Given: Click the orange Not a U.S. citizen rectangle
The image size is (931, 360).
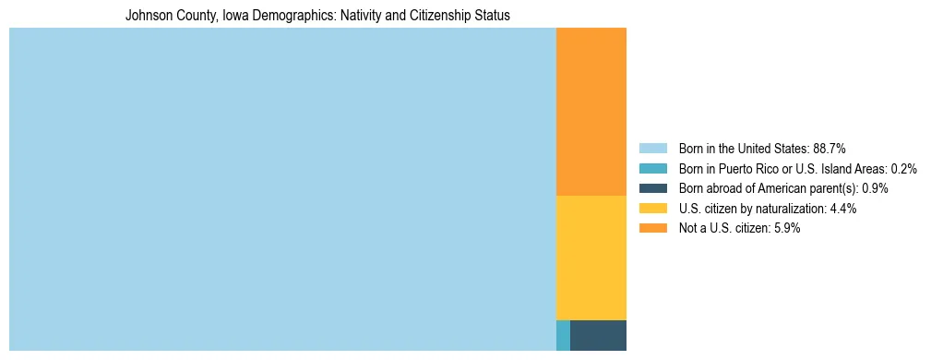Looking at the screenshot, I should click(x=591, y=111).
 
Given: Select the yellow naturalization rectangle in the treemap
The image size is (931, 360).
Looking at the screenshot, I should click(x=591, y=258).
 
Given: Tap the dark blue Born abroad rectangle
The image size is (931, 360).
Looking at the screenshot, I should click(x=598, y=335).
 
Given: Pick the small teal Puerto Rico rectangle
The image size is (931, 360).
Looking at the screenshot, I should click(x=563, y=335).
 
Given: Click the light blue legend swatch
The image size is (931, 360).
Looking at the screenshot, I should click(x=652, y=148).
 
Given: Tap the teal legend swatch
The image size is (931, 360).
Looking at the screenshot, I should click(x=652, y=168).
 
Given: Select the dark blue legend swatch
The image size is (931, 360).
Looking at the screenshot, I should click(x=652, y=188).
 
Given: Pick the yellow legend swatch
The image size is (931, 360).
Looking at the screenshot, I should click(x=652, y=209).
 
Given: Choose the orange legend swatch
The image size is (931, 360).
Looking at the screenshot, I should click(x=652, y=228).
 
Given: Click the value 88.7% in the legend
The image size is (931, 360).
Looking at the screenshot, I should click(x=829, y=148).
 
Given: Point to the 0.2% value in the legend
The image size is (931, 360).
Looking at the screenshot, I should click(x=903, y=168).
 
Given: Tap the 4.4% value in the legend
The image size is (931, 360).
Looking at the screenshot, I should click(x=843, y=209).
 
